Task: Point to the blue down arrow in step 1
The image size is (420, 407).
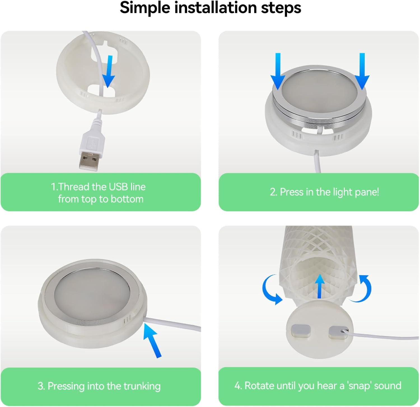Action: tap(109, 71)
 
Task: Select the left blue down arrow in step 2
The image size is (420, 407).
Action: tap(278, 71)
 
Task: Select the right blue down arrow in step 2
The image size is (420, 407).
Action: tap(362, 71)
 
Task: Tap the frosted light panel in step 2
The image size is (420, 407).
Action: tap(319, 89)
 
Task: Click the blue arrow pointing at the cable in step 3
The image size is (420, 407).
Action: tap(152, 341)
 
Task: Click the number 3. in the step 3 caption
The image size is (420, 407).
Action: tap(41, 386)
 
